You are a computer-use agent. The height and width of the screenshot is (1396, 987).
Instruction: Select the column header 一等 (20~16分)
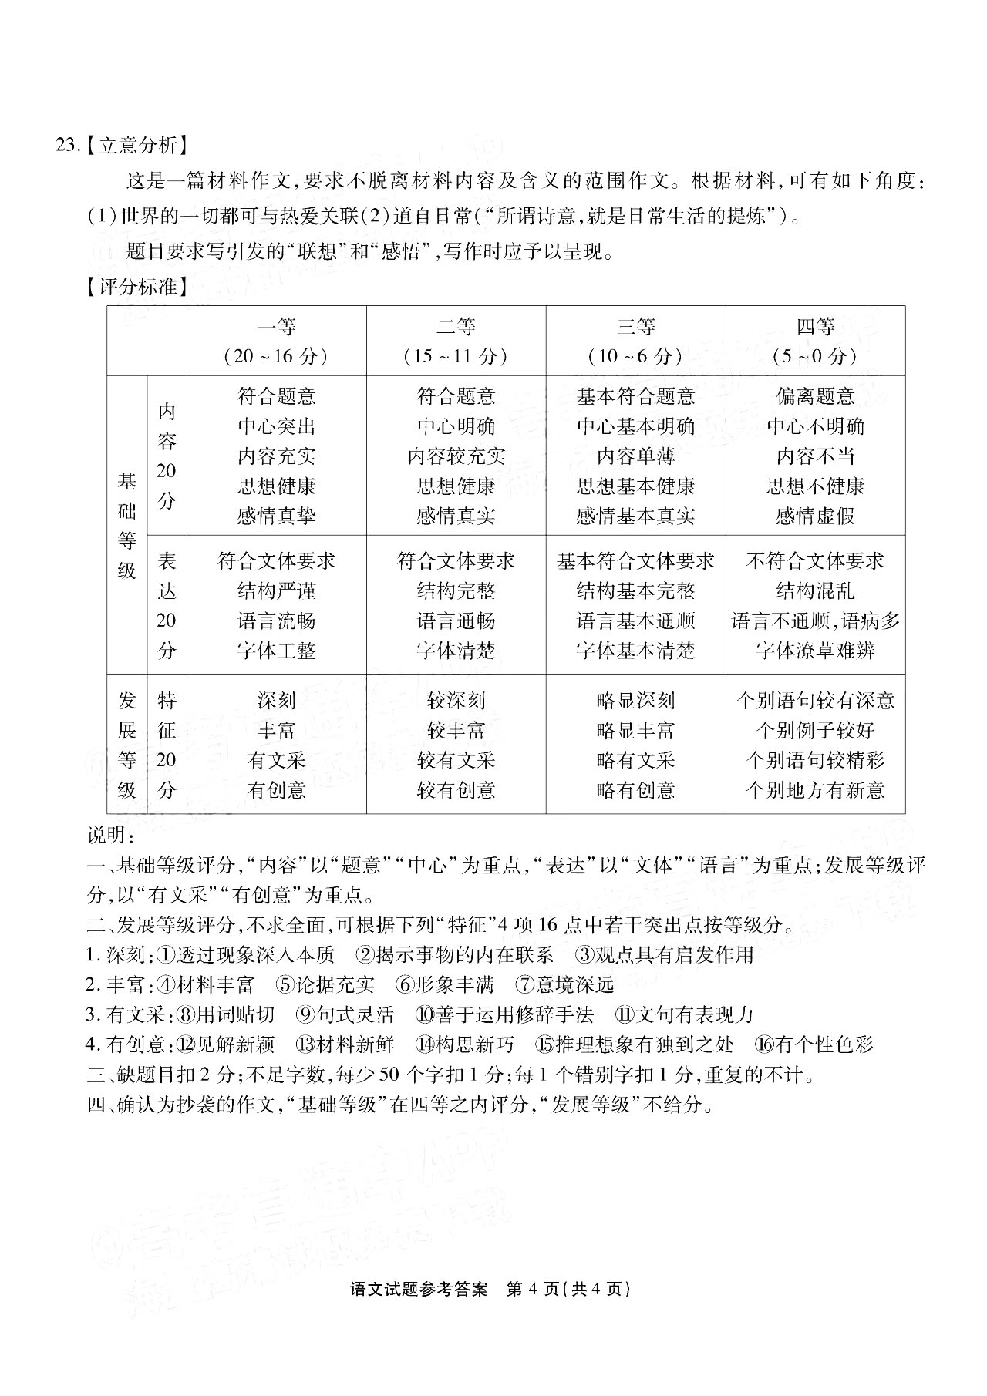click(276, 341)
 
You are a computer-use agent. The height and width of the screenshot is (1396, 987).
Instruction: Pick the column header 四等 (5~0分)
click(815, 341)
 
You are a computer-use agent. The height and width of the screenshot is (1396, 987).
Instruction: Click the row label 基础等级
click(127, 526)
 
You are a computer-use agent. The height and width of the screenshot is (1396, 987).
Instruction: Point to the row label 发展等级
click(127, 745)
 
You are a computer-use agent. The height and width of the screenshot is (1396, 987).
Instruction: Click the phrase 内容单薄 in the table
click(635, 456)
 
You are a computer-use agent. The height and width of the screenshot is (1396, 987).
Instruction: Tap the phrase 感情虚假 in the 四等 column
click(815, 516)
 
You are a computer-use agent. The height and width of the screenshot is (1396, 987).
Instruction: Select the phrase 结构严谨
click(276, 591)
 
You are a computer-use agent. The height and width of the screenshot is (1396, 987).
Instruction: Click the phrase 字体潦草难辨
click(815, 651)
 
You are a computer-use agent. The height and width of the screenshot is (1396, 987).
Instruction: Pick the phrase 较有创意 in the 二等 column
click(456, 790)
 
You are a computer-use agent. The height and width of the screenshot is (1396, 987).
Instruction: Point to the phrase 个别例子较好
click(815, 730)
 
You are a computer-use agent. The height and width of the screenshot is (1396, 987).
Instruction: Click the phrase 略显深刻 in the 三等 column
click(635, 701)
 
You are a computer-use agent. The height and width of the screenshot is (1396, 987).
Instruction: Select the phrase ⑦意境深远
click(565, 985)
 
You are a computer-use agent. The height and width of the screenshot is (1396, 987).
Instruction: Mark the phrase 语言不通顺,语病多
click(815, 621)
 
